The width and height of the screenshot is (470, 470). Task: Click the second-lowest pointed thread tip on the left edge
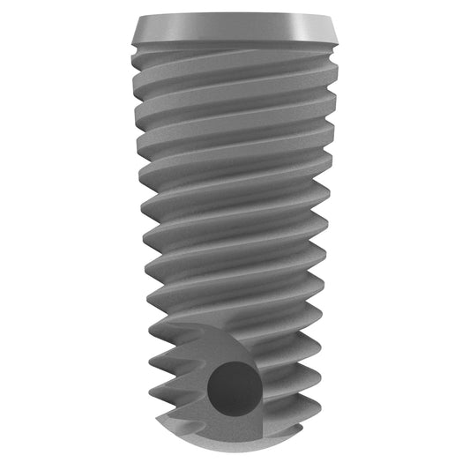[151, 387]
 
